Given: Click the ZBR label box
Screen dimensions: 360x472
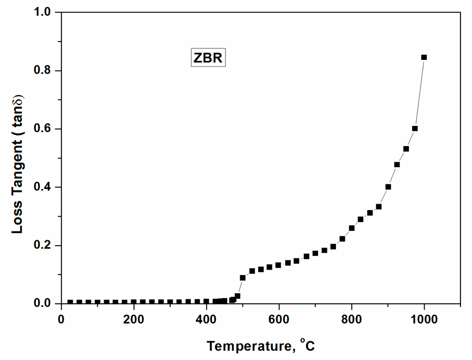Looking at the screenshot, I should (208, 59).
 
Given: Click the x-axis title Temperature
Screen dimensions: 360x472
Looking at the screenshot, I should (261, 345).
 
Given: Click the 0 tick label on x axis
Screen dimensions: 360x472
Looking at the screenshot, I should (61, 319).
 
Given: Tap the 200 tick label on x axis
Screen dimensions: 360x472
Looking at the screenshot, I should (134, 319).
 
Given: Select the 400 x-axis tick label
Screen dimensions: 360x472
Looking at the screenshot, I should (206, 319).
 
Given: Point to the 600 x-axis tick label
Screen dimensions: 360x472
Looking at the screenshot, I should (279, 319).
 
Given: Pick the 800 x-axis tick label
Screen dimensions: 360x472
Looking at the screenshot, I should (352, 319).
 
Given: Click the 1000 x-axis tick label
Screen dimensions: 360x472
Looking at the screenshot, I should (424, 319).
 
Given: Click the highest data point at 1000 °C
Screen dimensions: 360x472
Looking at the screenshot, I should (424, 57).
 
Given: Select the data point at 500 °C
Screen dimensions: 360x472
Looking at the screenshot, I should (242, 277).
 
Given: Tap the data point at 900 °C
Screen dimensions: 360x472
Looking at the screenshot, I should (388, 187).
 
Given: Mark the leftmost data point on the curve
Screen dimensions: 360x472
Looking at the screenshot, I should (70, 302).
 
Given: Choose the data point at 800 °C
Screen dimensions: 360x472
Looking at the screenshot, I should (352, 228).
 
